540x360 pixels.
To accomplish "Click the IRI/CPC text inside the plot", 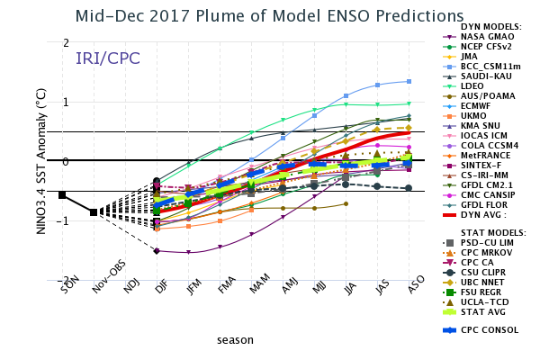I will click(x=107, y=58).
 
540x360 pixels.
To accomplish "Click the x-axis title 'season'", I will click(x=235, y=340).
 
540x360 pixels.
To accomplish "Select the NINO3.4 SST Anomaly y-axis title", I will click(x=41, y=161).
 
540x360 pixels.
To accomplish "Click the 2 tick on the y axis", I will click(x=66, y=43).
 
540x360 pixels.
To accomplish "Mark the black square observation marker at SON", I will click(x=62, y=194).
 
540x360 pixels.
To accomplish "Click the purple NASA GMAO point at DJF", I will click(x=157, y=251).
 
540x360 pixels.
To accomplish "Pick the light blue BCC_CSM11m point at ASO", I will click(x=409, y=81).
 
